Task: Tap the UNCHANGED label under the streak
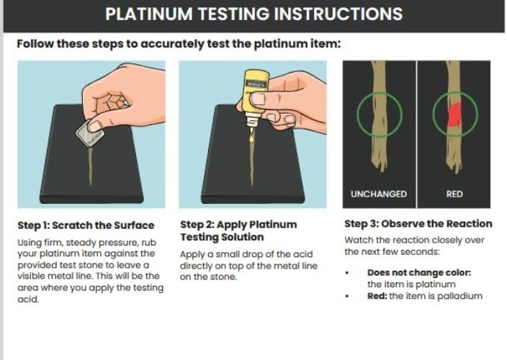379,194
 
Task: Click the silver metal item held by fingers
89,133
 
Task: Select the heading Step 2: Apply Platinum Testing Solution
238,230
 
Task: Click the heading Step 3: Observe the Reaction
418,223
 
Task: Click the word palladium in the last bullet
458,296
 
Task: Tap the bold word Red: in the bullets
377,296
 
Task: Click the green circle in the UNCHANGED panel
379,115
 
